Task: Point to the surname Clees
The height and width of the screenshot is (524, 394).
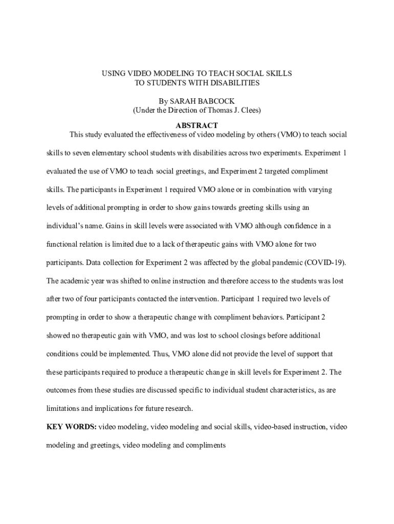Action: pos(249,111)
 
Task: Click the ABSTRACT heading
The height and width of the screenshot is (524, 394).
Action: pos(197,125)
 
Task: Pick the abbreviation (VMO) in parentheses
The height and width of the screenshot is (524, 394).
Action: pos(291,135)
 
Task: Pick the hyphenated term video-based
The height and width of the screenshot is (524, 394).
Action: pos(275,427)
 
